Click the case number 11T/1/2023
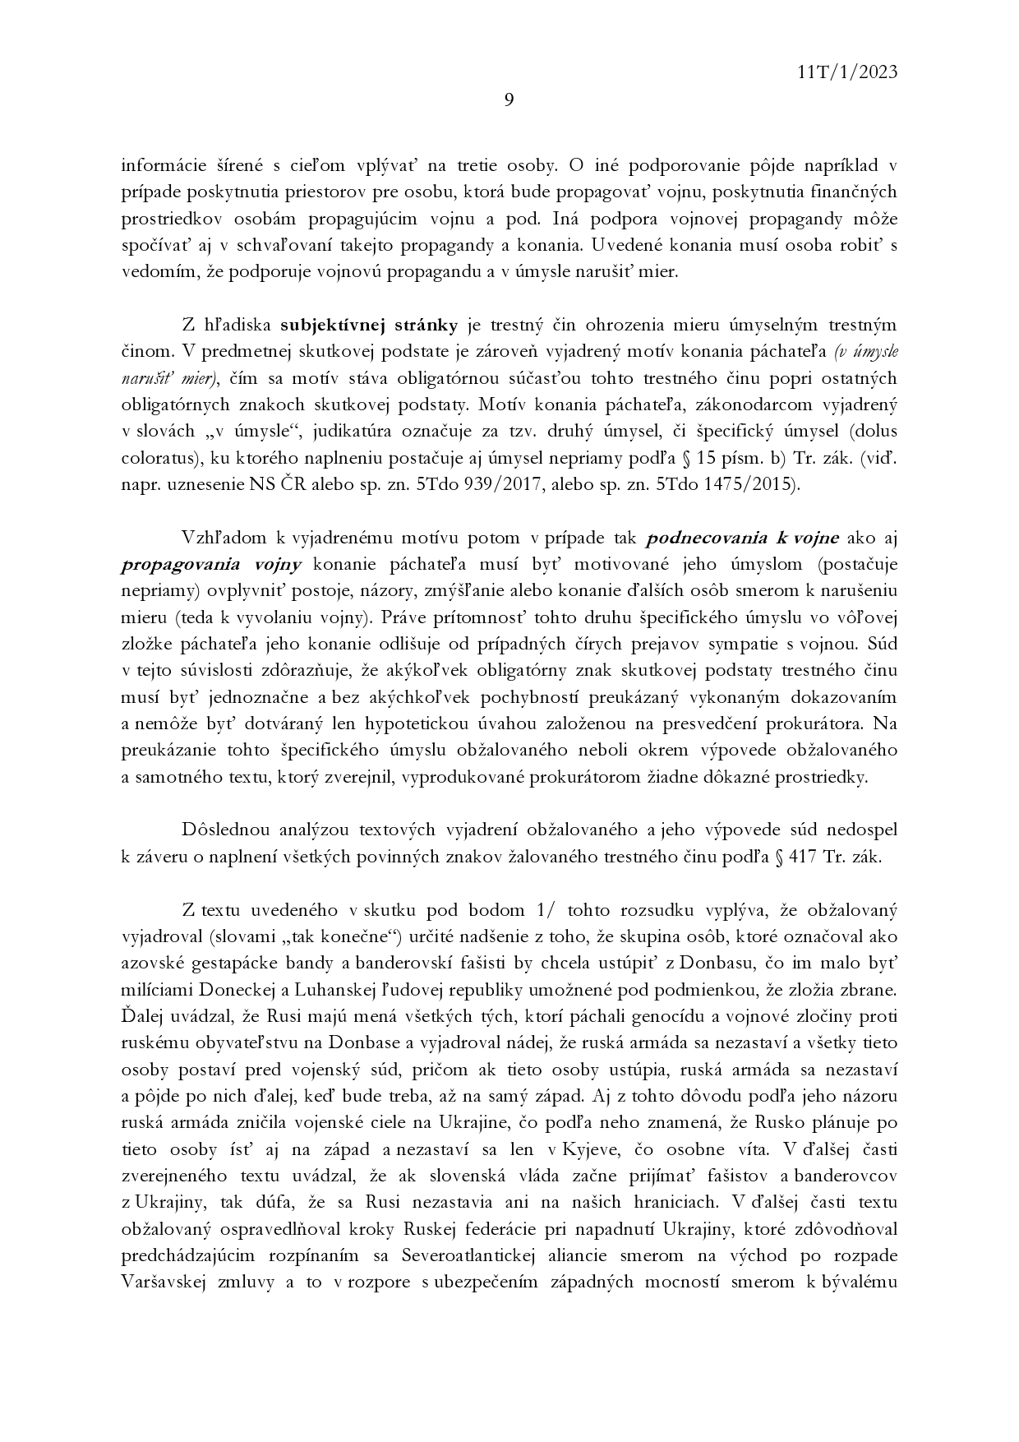846,72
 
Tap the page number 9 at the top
509,101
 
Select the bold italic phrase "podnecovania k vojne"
743,538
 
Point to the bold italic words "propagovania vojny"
212,565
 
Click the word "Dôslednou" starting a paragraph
223,829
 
